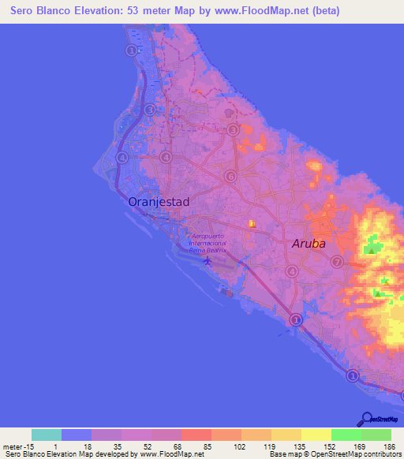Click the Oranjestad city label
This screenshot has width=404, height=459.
click(x=159, y=202)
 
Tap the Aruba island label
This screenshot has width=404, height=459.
click(x=309, y=244)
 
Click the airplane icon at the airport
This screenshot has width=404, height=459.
click(x=208, y=260)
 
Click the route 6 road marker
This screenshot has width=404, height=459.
click(x=230, y=177)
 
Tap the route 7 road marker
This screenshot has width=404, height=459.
click(x=337, y=262)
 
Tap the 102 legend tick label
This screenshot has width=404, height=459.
click(x=241, y=446)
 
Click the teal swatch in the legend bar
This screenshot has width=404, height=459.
click(x=47, y=435)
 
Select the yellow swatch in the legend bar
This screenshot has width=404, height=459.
click(x=316, y=435)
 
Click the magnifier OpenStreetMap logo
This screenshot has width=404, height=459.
click(x=367, y=418)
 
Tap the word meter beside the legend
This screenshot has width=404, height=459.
click(x=13, y=446)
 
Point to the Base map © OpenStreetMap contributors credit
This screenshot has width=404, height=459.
click(x=335, y=454)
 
